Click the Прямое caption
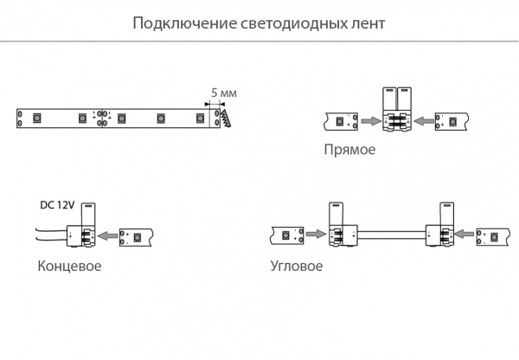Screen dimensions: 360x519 pos(349,150)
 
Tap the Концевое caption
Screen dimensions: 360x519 pos(70,266)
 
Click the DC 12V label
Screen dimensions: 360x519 pos(58,206)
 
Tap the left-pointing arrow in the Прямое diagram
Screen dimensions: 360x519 pos(426,122)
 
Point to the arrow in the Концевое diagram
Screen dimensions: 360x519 pos(107,234)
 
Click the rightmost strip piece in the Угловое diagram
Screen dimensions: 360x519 pos(491,235)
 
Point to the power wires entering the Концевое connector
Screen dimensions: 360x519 pos(53,234)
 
